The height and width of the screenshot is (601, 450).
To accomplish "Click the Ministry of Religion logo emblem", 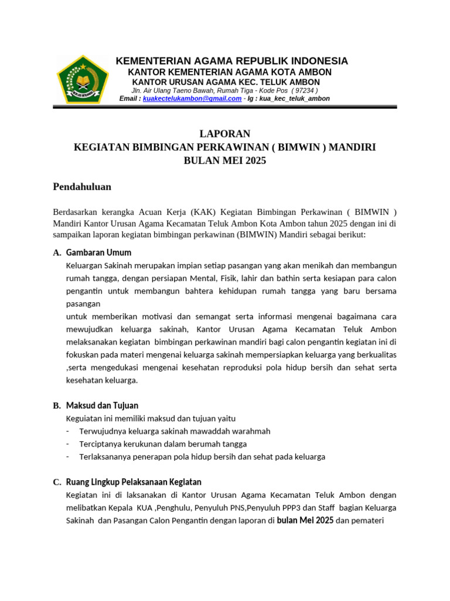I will point(83,79).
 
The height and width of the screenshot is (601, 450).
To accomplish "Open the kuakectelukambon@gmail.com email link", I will point(192,99).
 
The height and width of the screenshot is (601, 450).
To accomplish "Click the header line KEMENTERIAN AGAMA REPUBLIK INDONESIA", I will point(231,61).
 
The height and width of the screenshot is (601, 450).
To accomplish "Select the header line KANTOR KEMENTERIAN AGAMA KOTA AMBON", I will point(230,72).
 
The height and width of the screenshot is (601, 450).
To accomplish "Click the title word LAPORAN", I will point(225,133).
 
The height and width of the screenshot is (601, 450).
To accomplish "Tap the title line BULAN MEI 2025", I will point(225,160).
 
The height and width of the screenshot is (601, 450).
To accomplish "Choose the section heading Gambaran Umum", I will point(98,252).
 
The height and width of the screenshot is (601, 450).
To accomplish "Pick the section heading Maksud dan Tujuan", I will point(102,406).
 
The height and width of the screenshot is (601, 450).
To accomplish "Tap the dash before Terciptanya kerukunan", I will point(68,444).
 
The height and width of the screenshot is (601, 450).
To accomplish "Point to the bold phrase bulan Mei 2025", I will point(305,521).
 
